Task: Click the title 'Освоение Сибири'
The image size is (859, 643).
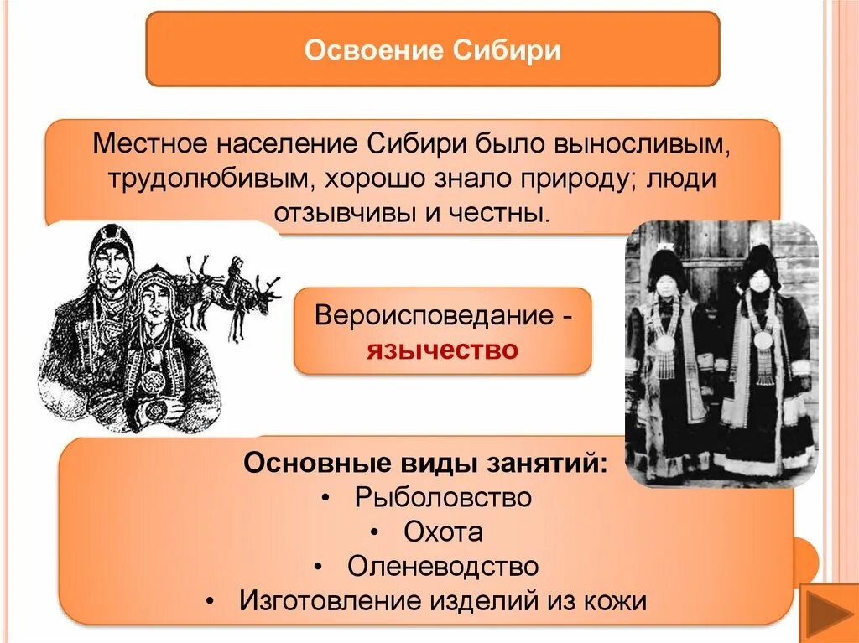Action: coord(432,49)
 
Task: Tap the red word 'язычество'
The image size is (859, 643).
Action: coord(442,348)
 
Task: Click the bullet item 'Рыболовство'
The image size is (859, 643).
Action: coord(443,497)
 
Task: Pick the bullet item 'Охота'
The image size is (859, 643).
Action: coord(443,532)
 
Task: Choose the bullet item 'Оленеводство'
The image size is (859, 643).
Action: coord(443,566)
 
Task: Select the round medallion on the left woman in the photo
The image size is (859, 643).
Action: coord(664,343)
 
